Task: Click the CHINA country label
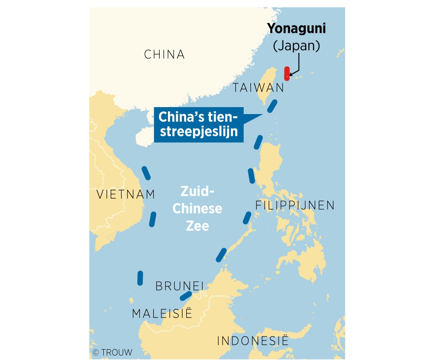pos(164,55)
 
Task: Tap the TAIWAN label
pos(258,88)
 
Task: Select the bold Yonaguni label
pos(296,29)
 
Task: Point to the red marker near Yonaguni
pos(286,73)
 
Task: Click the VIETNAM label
pos(125,194)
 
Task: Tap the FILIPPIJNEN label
pos(295,205)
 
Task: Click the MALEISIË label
pos(161,314)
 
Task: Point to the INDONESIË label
pos(253,340)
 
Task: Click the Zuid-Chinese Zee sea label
pos(197,209)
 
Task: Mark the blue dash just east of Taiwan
pos(272,106)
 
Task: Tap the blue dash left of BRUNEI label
pos(140,278)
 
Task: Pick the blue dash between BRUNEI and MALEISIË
pos(186,296)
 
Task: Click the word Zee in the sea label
pos(197,226)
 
